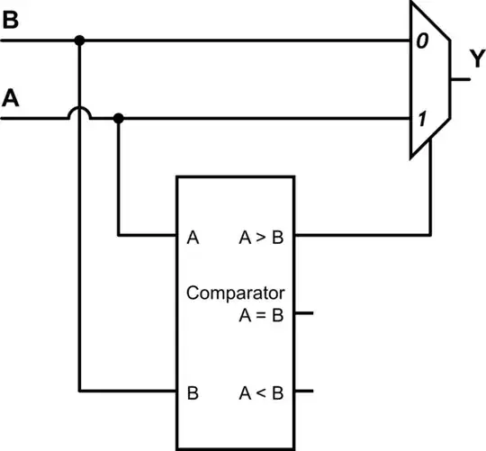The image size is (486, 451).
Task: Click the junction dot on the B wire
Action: click(80, 41)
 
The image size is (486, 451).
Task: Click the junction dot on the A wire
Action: click(120, 117)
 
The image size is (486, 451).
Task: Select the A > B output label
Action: click(260, 238)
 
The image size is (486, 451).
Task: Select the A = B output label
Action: click(260, 314)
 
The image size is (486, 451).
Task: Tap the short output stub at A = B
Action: click(303, 314)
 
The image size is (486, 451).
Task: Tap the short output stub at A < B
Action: click(303, 392)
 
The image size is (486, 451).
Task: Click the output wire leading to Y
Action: click(459, 79)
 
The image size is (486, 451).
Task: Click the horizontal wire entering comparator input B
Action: click(126, 392)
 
